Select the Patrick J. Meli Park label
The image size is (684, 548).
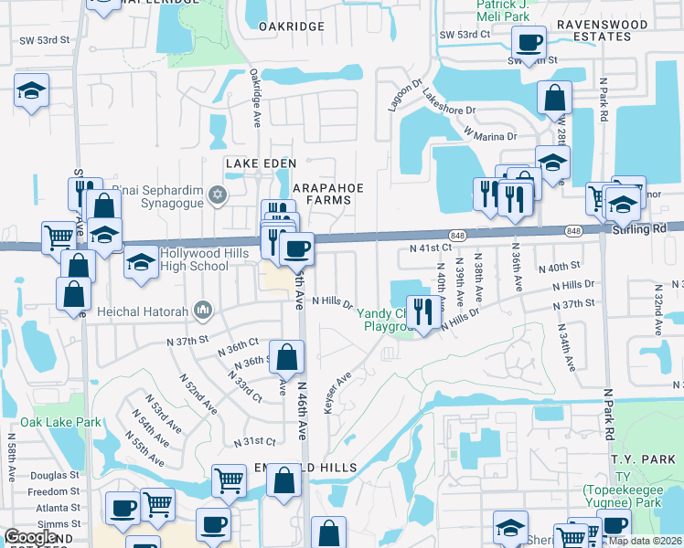(x=489, y=10)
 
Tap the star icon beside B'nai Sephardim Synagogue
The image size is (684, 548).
(x=218, y=194)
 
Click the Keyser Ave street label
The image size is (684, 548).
(x=337, y=393)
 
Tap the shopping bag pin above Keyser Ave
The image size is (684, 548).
(x=287, y=356)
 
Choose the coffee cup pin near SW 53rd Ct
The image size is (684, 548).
(x=529, y=41)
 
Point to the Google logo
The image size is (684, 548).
(x=30, y=537)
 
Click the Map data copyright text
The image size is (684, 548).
(x=646, y=541)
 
